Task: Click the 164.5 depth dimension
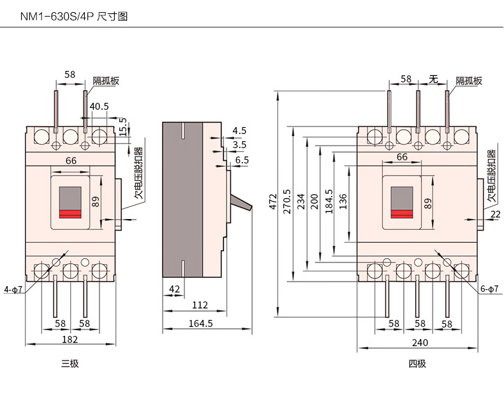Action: [200, 324]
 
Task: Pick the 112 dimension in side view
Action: [200, 305]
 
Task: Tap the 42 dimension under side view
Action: [174, 289]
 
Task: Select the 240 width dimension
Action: [419, 342]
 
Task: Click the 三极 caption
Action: [70, 364]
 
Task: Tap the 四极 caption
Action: [417, 364]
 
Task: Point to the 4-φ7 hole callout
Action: [13, 290]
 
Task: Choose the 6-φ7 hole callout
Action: [489, 289]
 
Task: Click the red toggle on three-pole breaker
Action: [70, 214]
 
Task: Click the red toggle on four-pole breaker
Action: [402, 214]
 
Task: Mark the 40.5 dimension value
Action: [99, 107]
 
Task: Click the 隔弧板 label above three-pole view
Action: [106, 80]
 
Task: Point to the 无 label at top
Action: [433, 79]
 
